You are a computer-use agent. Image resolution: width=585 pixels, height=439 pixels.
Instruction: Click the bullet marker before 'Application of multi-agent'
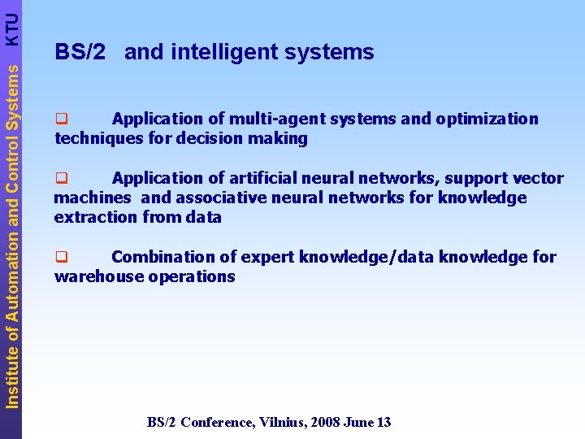(x=60, y=120)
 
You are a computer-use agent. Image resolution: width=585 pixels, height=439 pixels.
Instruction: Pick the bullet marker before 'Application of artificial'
(x=60, y=178)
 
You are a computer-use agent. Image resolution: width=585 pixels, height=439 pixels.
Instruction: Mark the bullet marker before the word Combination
(x=60, y=258)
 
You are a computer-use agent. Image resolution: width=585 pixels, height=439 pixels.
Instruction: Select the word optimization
(x=487, y=120)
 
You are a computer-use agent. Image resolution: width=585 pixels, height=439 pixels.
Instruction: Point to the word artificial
(x=265, y=178)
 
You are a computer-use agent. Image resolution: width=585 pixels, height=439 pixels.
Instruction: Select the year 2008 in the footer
(x=323, y=422)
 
